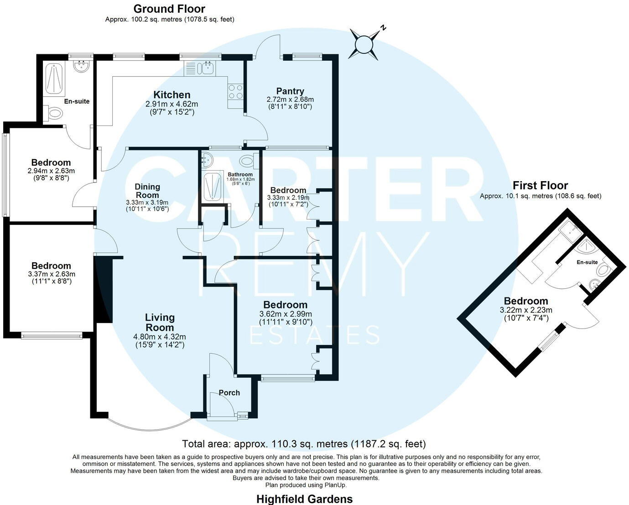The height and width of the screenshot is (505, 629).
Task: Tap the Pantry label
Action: (290, 91)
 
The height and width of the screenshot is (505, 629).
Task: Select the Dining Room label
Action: (147, 190)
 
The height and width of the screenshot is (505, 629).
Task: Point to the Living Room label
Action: (160, 322)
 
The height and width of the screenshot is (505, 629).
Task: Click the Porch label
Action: (229, 393)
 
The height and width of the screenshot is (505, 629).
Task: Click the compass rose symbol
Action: (364, 44)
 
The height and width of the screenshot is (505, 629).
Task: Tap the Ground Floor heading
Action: (169, 9)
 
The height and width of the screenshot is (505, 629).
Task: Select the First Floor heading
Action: (540, 186)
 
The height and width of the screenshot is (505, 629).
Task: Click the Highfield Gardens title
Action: (304, 499)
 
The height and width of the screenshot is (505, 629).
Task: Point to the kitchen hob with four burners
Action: (235, 92)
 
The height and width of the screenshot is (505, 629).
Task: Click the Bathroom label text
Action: (240, 175)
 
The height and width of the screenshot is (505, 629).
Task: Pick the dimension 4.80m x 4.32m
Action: (159, 337)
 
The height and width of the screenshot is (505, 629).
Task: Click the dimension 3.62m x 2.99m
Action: (285, 314)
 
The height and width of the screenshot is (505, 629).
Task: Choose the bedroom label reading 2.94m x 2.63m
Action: (51, 171)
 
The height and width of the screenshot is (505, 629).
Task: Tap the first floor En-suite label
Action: (587, 262)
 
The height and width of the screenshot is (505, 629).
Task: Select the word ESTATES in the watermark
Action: (315, 335)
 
